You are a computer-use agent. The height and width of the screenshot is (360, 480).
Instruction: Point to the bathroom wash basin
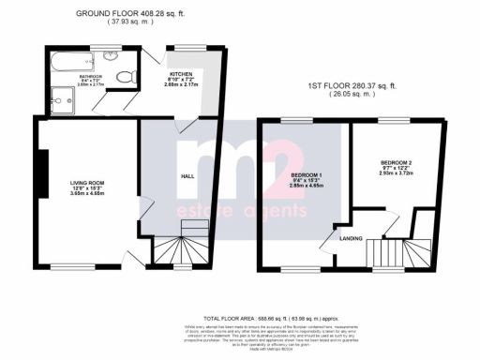click(112, 57)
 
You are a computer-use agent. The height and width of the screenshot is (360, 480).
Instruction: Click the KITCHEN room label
click(180, 73)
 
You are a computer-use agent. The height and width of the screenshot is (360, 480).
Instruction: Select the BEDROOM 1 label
click(307, 176)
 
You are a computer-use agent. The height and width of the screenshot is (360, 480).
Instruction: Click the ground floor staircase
click(176, 248)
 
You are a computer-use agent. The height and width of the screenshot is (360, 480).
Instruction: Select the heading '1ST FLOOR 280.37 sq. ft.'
click(353, 85)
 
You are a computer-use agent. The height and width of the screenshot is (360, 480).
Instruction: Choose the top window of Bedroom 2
click(394, 121)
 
